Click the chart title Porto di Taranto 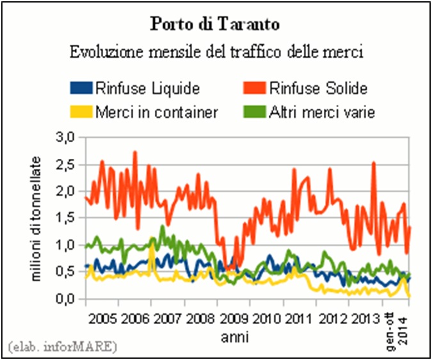pos(215,26)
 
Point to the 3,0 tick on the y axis pos(67,137)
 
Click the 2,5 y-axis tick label pos(67,165)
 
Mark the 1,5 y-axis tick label pos(67,218)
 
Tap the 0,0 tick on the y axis pos(67,299)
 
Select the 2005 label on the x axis pos(102,318)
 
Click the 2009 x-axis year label pos(232,318)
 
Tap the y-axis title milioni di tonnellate pos(37,218)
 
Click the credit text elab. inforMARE pos(63,347)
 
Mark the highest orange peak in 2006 pos(134,152)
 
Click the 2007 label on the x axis pos(166,318)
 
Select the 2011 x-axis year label pos(297,318)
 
